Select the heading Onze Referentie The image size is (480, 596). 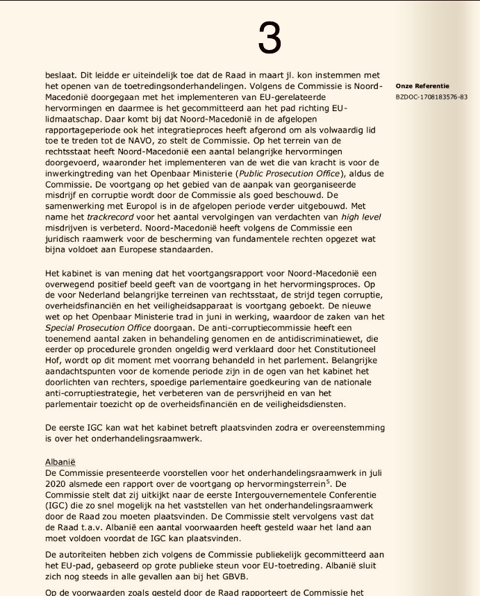pos(422,86)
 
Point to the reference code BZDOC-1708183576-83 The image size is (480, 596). pos(431,97)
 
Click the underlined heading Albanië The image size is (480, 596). pos(60,462)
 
